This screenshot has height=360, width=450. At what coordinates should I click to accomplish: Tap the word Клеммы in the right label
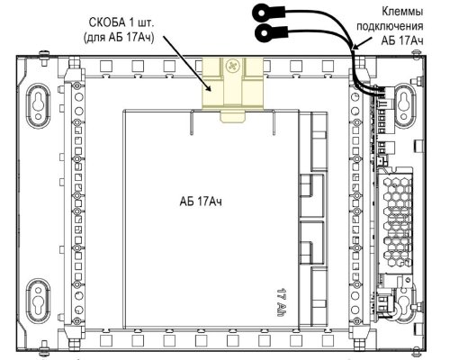(x=402, y=12)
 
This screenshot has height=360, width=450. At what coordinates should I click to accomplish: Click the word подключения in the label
(x=390, y=26)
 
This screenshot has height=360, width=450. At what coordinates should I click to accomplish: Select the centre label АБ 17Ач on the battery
(x=201, y=202)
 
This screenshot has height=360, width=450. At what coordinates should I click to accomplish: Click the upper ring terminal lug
(x=262, y=13)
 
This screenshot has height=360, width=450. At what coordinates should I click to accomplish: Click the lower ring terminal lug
(x=265, y=32)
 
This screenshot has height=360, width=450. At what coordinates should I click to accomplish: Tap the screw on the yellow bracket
(x=232, y=65)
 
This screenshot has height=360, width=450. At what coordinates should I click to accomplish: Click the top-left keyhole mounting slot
(x=38, y=105)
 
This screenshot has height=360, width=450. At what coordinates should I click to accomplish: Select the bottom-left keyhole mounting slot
(x=38, y=301)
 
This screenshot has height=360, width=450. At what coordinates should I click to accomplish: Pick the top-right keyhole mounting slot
(x=404, y=105)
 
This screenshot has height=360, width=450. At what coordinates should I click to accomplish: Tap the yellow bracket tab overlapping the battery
(x=233, y=117)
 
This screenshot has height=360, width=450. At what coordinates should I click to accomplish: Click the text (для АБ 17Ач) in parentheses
(x=119, y=38)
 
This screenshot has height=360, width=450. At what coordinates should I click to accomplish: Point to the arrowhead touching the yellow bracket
(x=209, y=87)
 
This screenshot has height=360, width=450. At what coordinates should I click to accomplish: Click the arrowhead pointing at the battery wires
(x=355, y=47)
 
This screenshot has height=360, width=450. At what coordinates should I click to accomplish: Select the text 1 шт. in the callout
(x=142, y=23)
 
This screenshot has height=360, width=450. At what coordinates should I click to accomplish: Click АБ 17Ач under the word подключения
(x=402, y=40)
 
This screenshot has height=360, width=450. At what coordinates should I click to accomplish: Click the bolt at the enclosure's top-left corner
(x=44, y=55)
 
